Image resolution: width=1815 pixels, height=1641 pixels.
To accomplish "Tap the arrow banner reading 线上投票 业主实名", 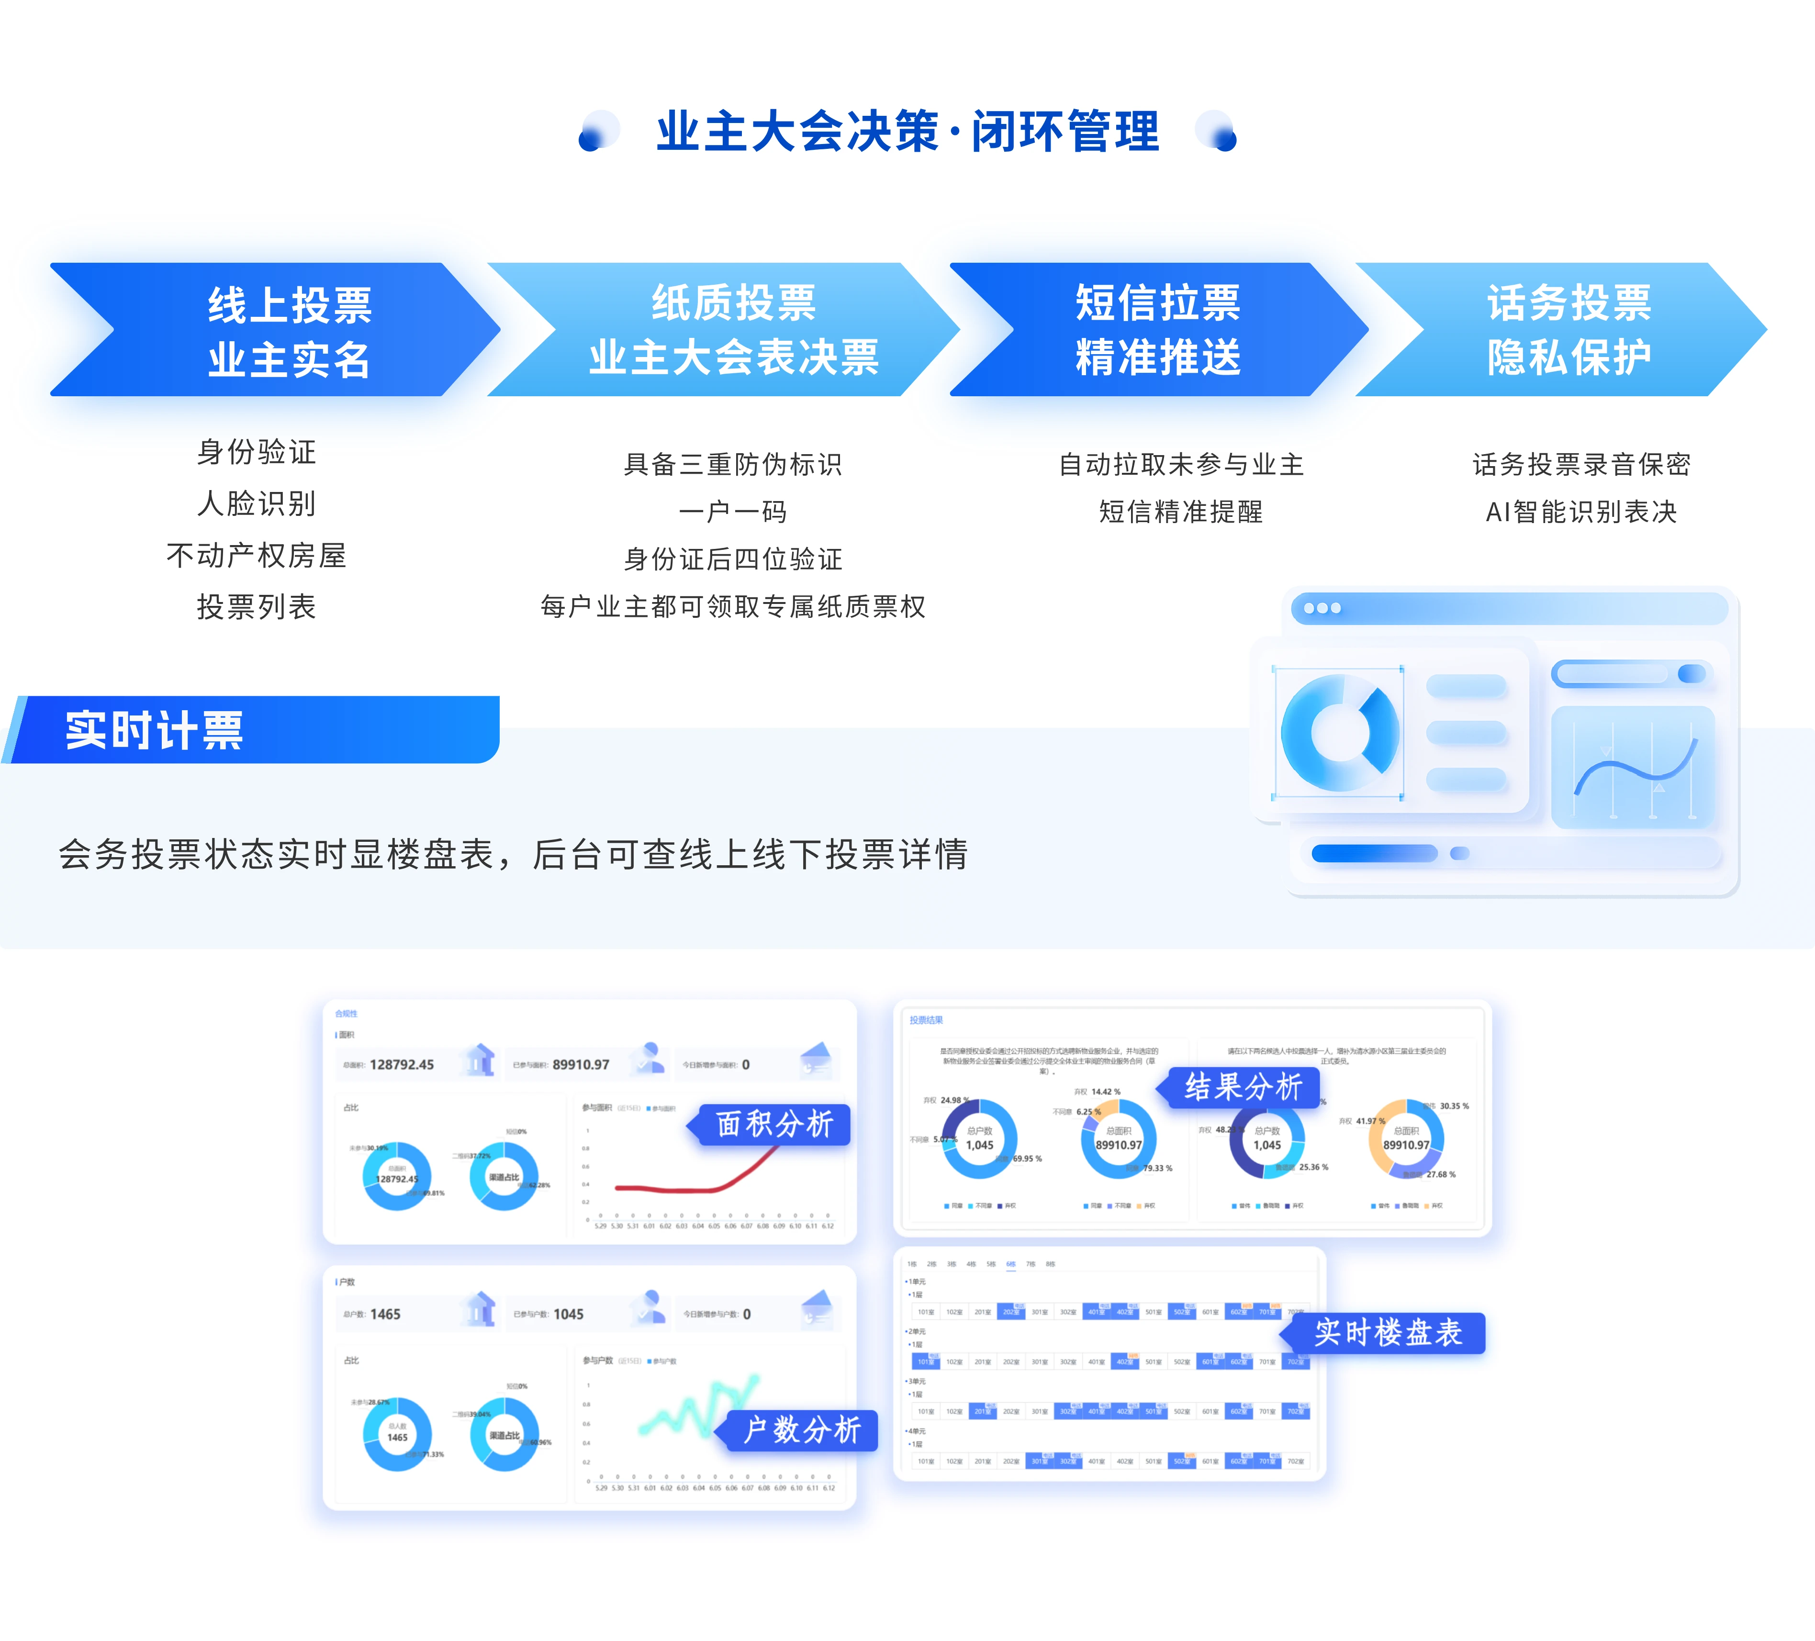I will click(x=288, y=330).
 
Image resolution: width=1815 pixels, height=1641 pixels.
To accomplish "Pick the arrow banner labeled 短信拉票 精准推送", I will click(x=1158, y=330).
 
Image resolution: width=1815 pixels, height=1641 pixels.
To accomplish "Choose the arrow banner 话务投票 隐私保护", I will click(x=1569, y=330).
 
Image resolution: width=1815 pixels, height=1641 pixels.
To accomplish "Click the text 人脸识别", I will click(x=257, y=503).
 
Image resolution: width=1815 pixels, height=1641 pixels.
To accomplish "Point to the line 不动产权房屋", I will click(x=257, y=556).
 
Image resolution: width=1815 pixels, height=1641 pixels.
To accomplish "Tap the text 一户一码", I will click(x=733, y=512).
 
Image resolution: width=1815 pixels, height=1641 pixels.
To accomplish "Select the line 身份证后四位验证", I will click(x=733, y=559).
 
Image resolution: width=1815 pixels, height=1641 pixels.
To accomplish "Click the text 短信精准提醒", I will click(x=1180, y=512).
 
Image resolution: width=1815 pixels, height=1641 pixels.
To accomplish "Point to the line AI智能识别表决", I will click(x=1581, y=512).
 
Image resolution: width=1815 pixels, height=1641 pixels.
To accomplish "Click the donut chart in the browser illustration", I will click(x=1339, y=733).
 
